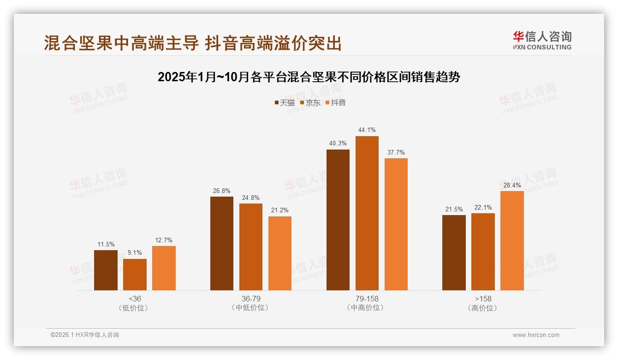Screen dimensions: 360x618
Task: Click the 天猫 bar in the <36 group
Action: (x=106, y=270)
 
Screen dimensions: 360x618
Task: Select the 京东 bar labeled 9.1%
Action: (x=135, y=275)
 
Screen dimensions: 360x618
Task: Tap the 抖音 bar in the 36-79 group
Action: (x=280, y=253)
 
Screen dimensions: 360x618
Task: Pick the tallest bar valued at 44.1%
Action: (x=367, y=213)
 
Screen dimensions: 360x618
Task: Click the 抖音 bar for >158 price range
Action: (x=512, y=240)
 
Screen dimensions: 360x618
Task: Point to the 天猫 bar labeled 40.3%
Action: (x=338, y=220)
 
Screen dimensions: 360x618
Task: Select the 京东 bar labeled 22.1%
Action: (x=483, y=252)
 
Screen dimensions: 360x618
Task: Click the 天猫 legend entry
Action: (x=284, y=103)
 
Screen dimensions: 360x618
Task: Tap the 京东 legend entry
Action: (x=310, y=103)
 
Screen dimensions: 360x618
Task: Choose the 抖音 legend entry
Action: (x=335, y=103)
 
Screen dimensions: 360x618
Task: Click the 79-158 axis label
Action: (x=367, y=299)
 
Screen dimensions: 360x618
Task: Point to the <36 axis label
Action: (x=135, y=299)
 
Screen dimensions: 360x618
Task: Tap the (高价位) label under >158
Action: (x=483, y=308)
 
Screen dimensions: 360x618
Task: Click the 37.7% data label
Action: (x=396, y=152)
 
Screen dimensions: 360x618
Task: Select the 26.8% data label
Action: (x=222, y=191)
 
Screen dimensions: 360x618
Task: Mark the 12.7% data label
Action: (x=164, y=240)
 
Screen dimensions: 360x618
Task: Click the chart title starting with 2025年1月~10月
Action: (x=309, y=77)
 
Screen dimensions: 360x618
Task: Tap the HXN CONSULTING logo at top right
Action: (x=542, y=41)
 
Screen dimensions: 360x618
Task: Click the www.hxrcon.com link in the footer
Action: (x=536, y=335)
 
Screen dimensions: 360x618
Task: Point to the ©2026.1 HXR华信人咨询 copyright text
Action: (x=85, y=335)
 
